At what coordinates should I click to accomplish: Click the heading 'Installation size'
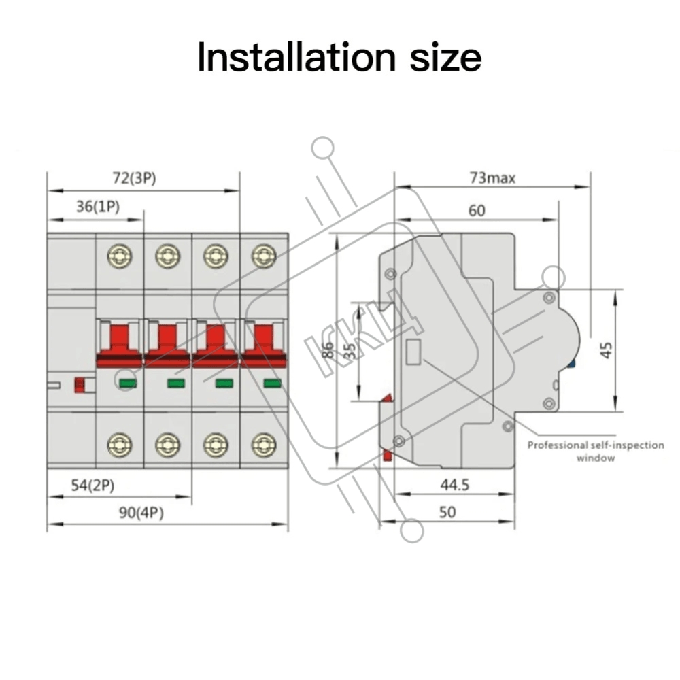pyautogui.click(x=339, y=57)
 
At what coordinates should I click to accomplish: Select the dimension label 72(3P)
pyautogui.click(x=135, y=179)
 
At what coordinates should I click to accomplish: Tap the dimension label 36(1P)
pyautogui.click(x=97, y=207)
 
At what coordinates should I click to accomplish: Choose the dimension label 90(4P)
pyautogui.click(x=141, y=513)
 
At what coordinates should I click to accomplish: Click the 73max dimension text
pyautogui.click(x=492, y=178)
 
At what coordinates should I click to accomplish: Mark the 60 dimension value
pyautogui.click(x=477, y=211)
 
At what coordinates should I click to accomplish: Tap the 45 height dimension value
pyautogui.click(x=607, y=350)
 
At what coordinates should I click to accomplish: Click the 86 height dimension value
pyautogui.click(x=328, y=350)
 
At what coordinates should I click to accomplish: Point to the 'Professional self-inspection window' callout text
pyautogui.click(x=596, y=452)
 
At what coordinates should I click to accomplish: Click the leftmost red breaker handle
pyautogui.click(x=120, y=343)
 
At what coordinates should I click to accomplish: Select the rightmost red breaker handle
pyautogui.click(x=264, y=343)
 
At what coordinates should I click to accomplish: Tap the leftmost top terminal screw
pyautogui.click(x=120, y=256)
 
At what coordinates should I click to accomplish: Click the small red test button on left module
pyautogui.click(x=80, y=385)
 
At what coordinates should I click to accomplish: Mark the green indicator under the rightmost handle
pyautogui.click(x=272, y=384)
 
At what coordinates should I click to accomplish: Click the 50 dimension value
pyautogui.click(x=447, y=512)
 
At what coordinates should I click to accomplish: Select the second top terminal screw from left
pyautogui.click(x=167, y=256)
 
